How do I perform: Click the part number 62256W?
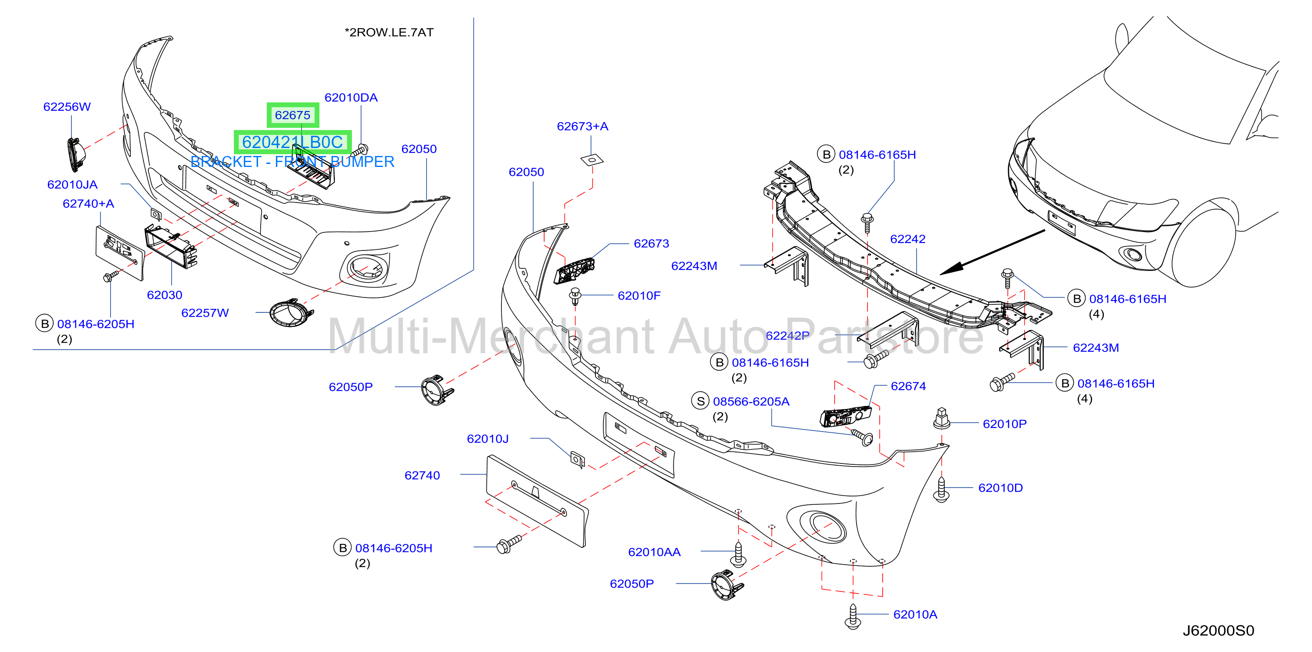click(x=67, y=106)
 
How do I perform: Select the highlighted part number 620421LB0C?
click(x=292, y=142)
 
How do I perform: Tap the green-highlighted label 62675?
click(x=293, y=115)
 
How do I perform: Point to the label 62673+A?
click(x=582, y=126)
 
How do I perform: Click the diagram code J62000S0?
click(x=1218, y=630)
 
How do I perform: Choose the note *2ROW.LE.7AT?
click(x=389, y=32)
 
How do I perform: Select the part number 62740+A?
click(x=88, y=203)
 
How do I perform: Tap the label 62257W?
click(x=205, y=312)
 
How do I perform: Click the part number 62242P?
click(x=787, y=335)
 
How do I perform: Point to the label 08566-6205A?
click(x=751, y=401)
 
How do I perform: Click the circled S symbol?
click(x=700, y=401)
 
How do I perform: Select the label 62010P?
click(x=1004, y=424)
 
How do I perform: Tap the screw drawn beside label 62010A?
click(x=853, y=616)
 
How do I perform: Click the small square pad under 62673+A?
click(x=592, y=160)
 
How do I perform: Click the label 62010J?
click(x=488, y=438)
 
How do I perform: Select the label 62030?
click(x=164, y=295)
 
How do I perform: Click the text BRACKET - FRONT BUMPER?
click(x=292, y=162)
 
